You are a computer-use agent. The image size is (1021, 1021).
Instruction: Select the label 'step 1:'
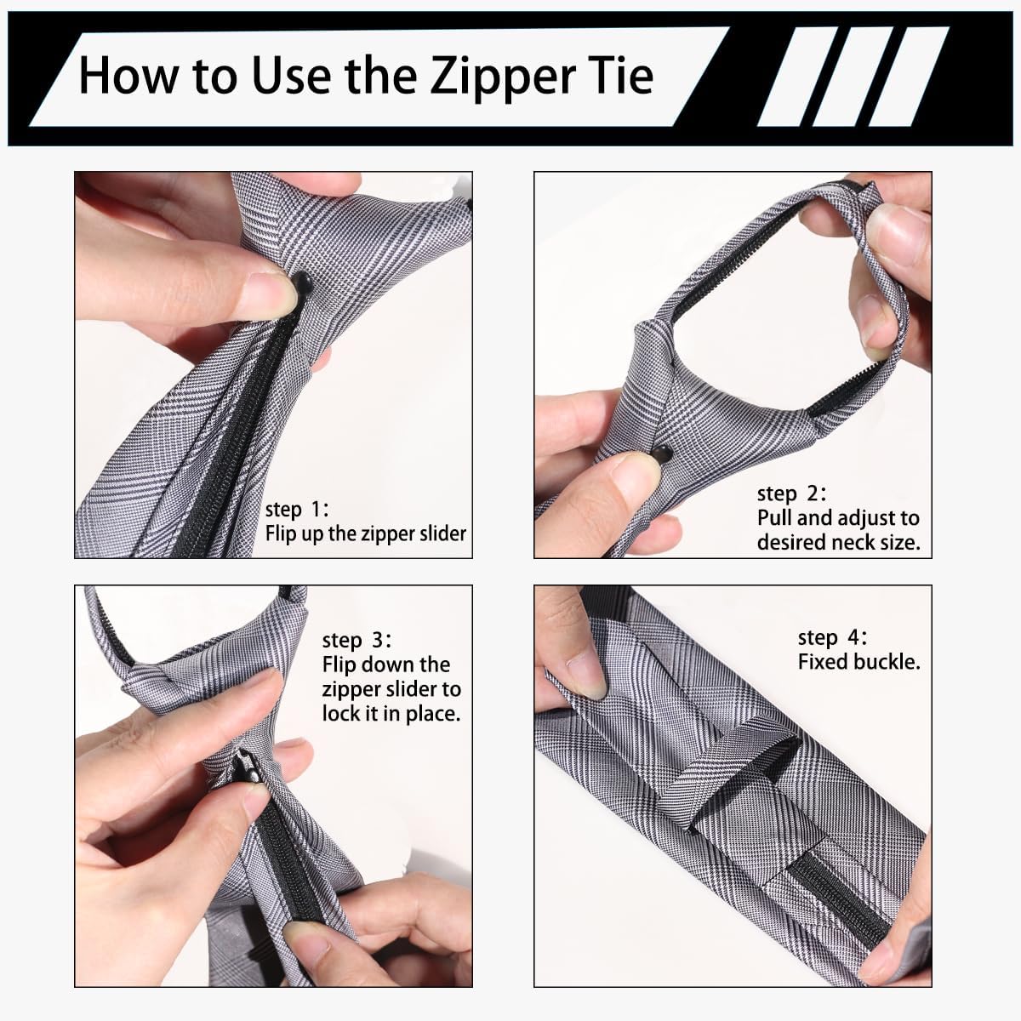click(x=297, y=509)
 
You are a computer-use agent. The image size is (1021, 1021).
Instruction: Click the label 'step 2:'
click(x=791, y=493)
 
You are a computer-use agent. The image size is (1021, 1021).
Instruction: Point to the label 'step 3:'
click(x=356, y=640)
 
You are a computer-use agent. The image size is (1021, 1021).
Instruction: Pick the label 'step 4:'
click(x=832, y=637)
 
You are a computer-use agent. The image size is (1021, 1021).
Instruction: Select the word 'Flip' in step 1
click(x=280, y=533)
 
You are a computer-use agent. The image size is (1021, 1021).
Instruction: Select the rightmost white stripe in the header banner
click(x=908, y=77)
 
